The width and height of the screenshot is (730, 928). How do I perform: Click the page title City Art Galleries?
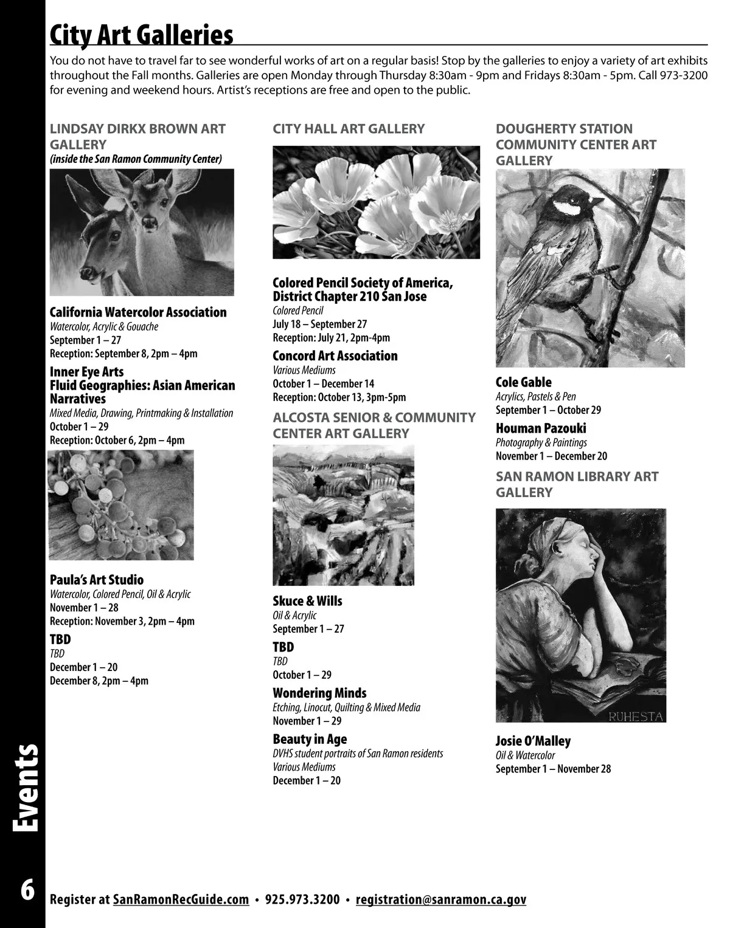click(x=141, y=35)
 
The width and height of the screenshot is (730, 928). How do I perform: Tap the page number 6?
click(x=27, y=890)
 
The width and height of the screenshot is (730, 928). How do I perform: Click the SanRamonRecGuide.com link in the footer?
click(x=181, y=899)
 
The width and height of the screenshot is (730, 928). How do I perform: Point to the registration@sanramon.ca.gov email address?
click(x=440, y=899)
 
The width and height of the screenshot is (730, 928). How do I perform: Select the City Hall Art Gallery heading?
click(x=349, y=129)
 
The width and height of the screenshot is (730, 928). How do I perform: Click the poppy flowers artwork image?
click(x=376, y=202)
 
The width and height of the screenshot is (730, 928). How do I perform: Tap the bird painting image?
click(x=590, y=267)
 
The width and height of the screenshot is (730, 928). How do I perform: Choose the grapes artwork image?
click(x=120, y=504)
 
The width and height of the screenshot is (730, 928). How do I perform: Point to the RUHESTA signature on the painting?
click(x=635, y=716)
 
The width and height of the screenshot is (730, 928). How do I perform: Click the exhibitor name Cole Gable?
click(x=523, y=382)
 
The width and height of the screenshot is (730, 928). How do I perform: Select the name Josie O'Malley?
click(x=533, y=741)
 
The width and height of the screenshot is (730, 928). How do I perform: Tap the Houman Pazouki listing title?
click(x=541, y=428)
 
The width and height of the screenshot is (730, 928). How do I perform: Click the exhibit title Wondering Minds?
click(x=319, y=693)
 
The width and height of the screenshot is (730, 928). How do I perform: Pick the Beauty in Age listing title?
click(x=310, y=739)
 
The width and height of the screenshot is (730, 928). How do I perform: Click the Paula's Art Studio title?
click(x=97, y=580)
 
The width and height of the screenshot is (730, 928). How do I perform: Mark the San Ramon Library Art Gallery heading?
click(x=577, y=484)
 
